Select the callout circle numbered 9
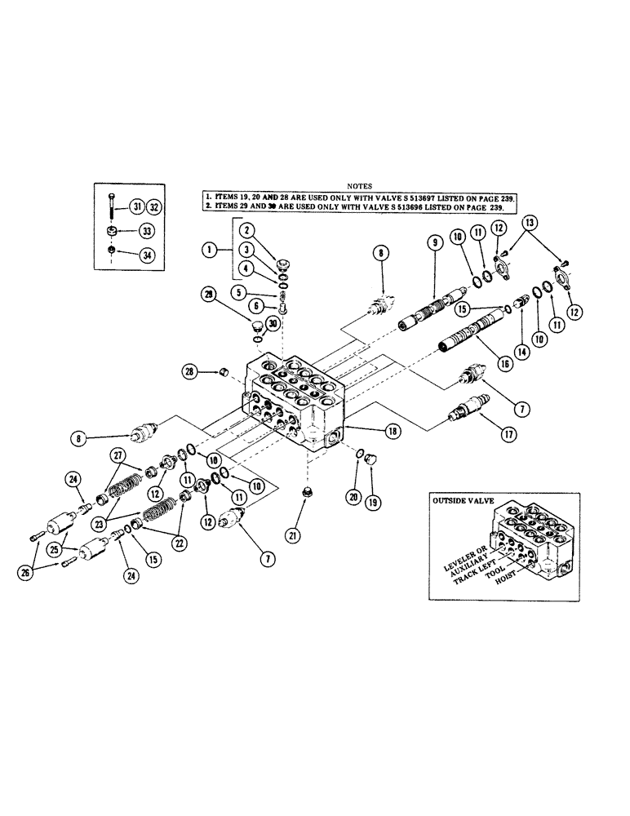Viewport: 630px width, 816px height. pos(433,242)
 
